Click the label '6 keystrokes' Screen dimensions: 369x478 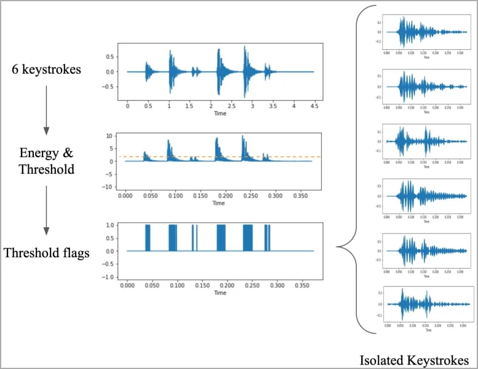click(47, 70)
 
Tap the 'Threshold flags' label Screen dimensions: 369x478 click(46, 252)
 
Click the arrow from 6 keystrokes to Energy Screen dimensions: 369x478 click(46, 111)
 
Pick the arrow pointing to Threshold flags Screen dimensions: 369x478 click(46, 209)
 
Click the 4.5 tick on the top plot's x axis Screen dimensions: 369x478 click(314, 106)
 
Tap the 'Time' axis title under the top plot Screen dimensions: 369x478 click(220, 114)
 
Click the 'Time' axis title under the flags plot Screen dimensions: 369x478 click(220, 293)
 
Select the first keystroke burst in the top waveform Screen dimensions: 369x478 click(148, 71)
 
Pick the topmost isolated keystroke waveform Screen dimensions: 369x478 click(424, 31)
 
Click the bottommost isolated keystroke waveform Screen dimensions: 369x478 click(424, 303)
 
